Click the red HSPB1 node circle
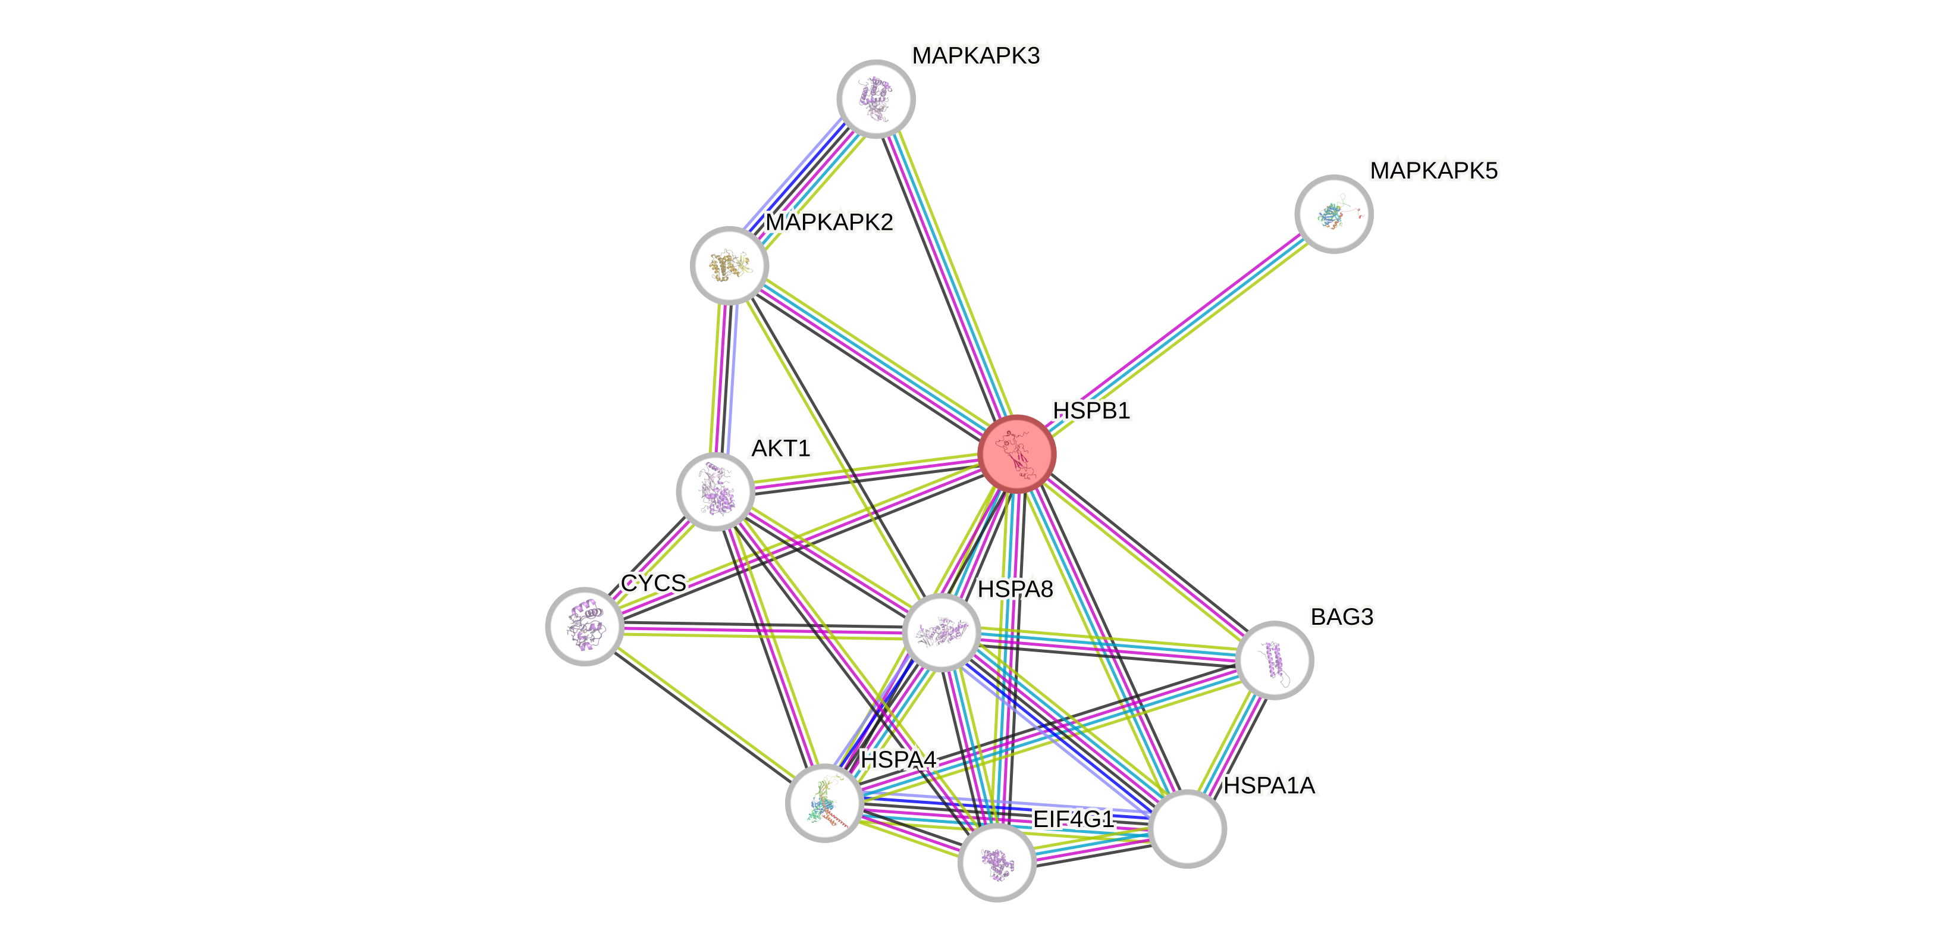1017,454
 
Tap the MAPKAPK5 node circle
1333,214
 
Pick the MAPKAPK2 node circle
729,265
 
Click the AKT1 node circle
715,491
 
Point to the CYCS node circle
584,625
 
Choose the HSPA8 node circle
942,632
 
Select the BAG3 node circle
1273,660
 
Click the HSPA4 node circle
824,803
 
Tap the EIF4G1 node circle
997,862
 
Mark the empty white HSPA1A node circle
1187,828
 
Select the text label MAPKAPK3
975,55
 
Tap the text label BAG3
1342,617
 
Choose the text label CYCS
653,583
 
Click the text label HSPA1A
1269,786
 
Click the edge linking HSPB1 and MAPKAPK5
1175,334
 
